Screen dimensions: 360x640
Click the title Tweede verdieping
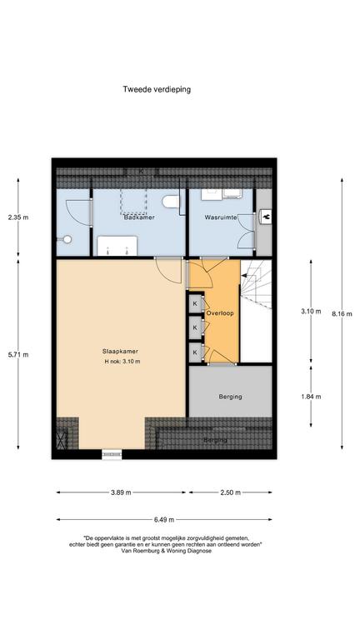coord(157,89)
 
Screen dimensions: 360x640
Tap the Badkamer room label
coord(139,217)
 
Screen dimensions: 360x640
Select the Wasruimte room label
coord(221,217)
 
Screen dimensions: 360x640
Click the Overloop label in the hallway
coord(220,313)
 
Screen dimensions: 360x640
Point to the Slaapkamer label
coord(120,351)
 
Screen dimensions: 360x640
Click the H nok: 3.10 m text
coord(122,361)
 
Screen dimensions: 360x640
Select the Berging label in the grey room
coord(230,397)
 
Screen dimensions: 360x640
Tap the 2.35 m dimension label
coord(18,217)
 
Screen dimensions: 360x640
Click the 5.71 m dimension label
coord(18,354)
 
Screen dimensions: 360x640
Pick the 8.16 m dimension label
coord(342,314)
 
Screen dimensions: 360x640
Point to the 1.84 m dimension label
coord(311,397)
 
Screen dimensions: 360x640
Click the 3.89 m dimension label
coord(121,492)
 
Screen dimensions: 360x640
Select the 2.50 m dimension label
coord(230,492)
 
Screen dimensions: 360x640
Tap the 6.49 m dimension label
coord(163,520)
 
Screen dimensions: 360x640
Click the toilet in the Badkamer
coord(170,202)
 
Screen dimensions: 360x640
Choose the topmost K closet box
coord(196,303)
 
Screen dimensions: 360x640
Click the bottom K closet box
coord(196,352)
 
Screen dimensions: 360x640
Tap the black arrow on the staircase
coord(244,276)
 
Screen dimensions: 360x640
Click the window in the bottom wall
coord(112,454)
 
